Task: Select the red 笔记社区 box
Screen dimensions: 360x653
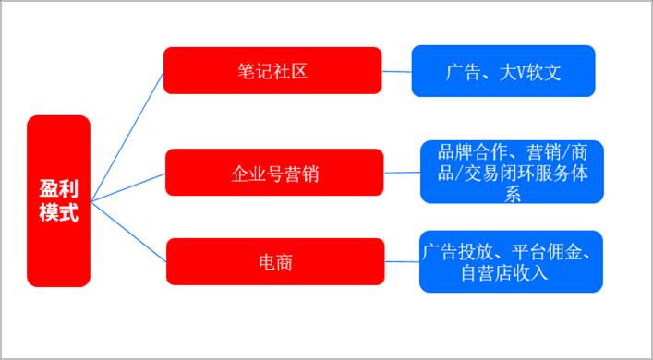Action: click(272, 71)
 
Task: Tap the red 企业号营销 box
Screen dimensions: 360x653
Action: click(274, 172)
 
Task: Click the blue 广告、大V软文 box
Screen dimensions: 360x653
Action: click(503, 71)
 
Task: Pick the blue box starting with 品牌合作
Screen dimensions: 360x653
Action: click(511, 172)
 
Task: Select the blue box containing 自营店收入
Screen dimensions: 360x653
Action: click(511, 261)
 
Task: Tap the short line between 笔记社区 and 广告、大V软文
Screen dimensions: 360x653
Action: click(397, 71)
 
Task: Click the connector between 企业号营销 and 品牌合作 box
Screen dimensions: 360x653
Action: click(402, 172)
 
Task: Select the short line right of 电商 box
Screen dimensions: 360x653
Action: click(402, 261)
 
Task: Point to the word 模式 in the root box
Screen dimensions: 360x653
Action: click(58, 212)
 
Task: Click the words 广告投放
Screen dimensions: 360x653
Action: click(460, 251)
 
